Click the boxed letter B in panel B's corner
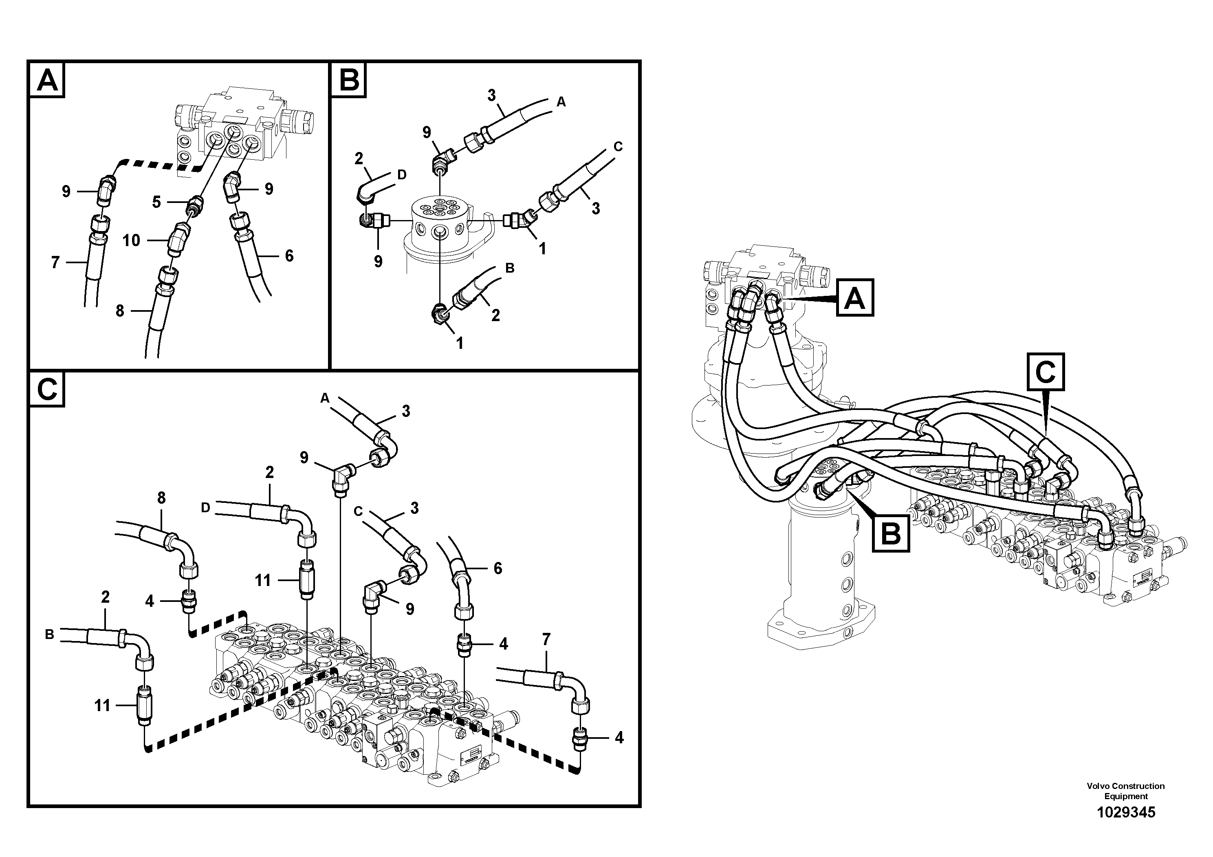coord(349,80)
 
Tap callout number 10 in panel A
coord(131,240)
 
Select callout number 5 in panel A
coord(156,202)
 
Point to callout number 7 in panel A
coord(55,262)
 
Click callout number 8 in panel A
coord(120,311)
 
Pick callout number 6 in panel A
coord(289,256)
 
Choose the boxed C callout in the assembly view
coord(1045,372)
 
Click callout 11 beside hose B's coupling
coord(102,705)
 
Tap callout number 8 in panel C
coord(161,498)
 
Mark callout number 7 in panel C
coord(546,639)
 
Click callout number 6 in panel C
coord(498,568)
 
